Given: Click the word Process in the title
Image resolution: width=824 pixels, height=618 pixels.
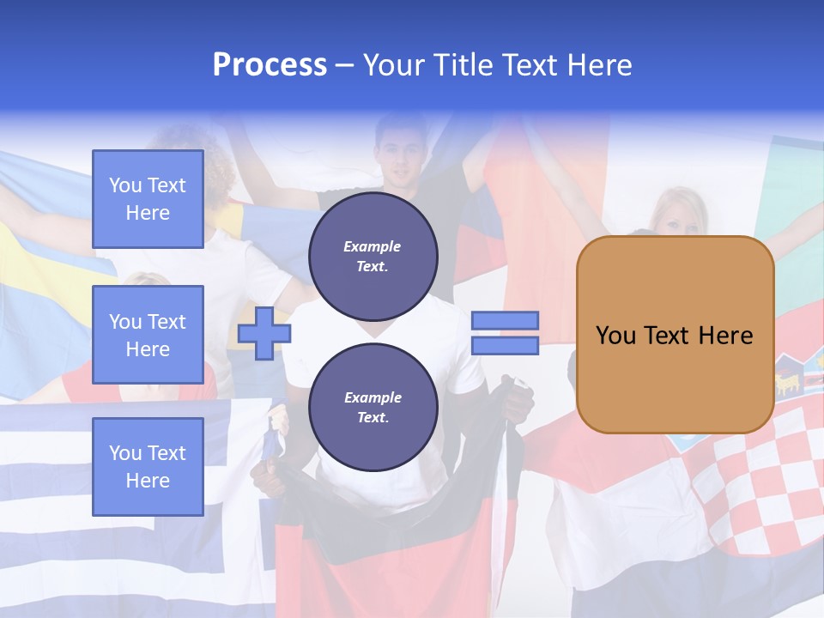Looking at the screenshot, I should [270, 65].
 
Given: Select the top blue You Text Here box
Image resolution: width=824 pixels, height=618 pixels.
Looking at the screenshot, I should [148, 199].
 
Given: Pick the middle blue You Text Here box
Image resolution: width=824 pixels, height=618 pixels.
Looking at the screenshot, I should [148, 335].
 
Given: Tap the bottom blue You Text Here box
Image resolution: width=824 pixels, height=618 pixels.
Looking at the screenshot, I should [148, 466].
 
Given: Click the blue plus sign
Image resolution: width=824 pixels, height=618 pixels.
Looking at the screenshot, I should [264, 333].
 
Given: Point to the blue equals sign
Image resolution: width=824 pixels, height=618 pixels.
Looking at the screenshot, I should [505, 333].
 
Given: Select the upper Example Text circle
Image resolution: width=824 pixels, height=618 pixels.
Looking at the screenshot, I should [373, 256].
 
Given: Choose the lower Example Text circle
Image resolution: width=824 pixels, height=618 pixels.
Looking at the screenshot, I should [373, 407].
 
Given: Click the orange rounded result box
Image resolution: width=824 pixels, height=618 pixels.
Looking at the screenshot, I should [675, 335].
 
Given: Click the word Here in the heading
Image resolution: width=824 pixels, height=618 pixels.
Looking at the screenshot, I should [601, 65].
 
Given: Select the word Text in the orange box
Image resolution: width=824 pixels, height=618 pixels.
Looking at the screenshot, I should [674, 336].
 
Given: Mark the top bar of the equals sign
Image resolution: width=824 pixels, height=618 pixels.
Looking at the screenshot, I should [505, 320].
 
